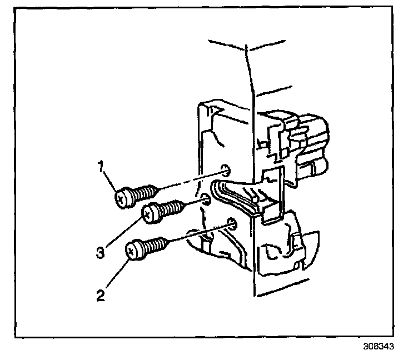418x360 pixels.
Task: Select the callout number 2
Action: click(x=101, y=294)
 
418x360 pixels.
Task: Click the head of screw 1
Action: click(x=123, y=197)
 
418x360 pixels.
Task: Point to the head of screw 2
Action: click(x=135, y=249)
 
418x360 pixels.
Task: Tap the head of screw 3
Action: click(x=151, y=213)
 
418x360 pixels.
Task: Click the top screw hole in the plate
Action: click(x=225, y=169)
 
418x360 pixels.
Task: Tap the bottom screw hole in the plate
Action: click(x=232, y=224)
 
